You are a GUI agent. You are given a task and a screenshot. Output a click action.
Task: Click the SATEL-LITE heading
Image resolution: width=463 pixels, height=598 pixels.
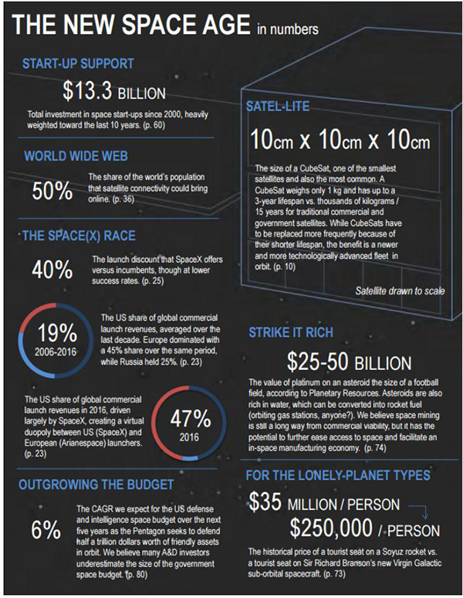coord(278,105)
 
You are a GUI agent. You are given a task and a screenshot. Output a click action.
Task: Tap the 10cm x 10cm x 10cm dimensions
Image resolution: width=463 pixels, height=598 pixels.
coord(340,141)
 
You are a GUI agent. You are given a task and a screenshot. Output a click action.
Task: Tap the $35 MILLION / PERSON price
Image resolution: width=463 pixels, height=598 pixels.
coord(324,505)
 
